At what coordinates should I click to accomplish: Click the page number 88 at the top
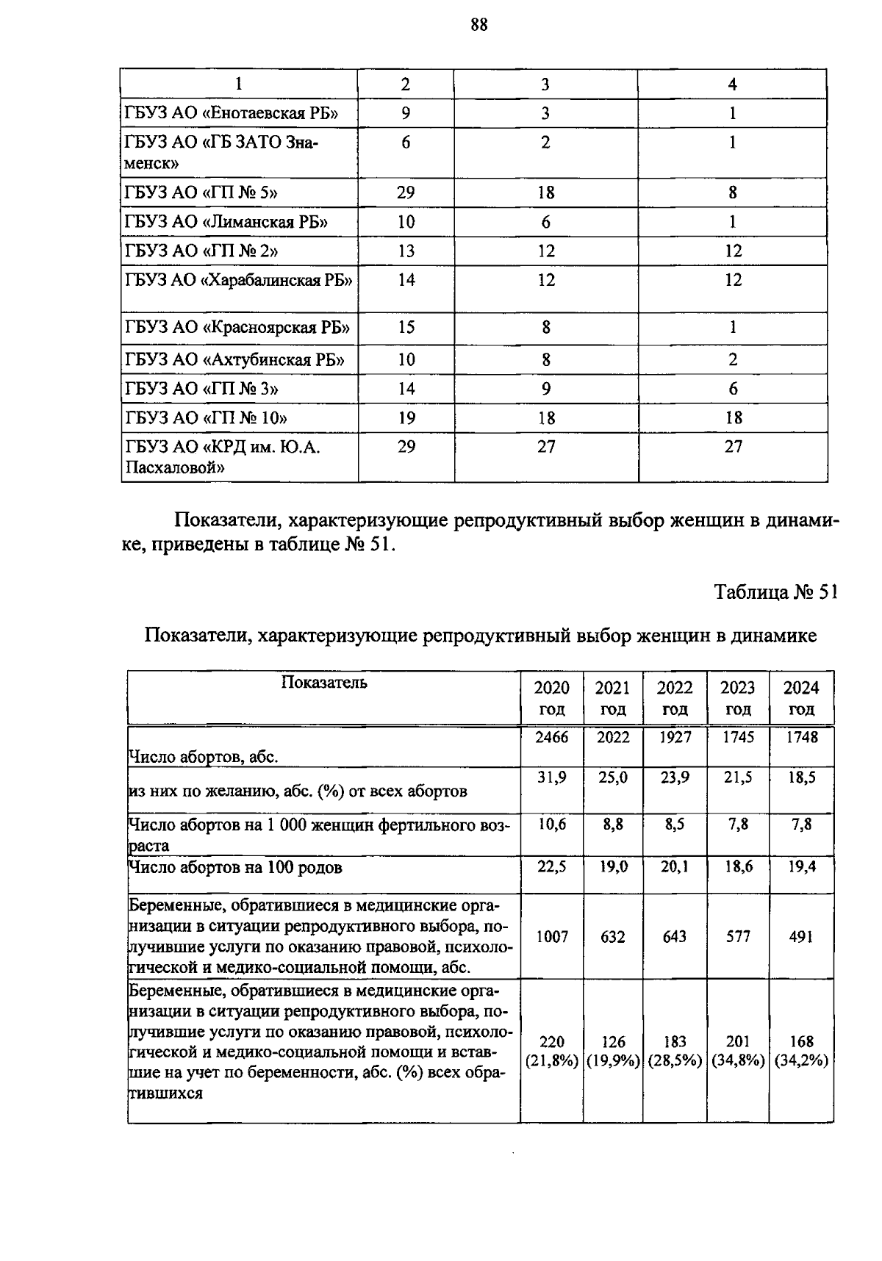coord(478,25)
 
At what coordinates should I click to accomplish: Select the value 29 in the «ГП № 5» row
coord(406,193)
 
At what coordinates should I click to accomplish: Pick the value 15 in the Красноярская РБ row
coord(406,327)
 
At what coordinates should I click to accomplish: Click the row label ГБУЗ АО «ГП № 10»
coord(206,418)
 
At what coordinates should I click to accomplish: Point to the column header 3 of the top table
coord(545,85)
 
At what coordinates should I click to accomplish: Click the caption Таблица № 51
coord(776,592)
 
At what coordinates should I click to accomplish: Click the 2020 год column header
coord(551,698)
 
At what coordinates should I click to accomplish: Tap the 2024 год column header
coord(801,698)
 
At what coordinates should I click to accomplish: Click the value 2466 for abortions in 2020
coord(551,737)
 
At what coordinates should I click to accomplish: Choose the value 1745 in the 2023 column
coord(738,737)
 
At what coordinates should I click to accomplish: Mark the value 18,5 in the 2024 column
coord(801,777)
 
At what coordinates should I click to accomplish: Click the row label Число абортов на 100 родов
coord(235,868)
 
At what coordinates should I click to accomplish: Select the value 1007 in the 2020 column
coord(551,936)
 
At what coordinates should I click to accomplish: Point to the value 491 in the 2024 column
coord(801,936)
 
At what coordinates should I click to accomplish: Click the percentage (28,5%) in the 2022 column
coord(674,1061)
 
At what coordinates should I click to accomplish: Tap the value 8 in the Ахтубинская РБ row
coord(545,359)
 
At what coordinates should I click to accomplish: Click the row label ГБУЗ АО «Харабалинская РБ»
coord(239,280)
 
